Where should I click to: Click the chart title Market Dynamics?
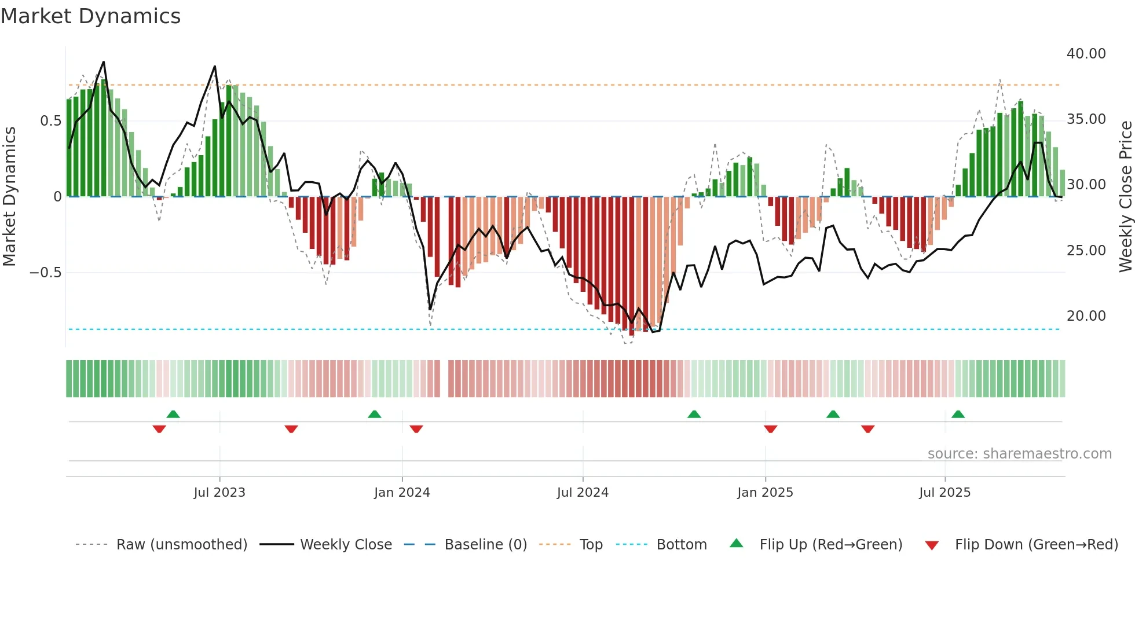(x=90, y=16)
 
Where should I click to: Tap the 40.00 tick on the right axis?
(x=1086, y=54)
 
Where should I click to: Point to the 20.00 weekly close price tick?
(x=1086, y=316)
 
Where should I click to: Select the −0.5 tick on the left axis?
(x=45, y=273)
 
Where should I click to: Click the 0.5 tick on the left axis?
(x=50, y=121)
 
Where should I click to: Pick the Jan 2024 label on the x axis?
(x=402, y=493)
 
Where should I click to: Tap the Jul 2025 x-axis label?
(x=944, y=493)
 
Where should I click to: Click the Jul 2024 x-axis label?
(x=583, y=493)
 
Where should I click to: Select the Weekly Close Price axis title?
(x=1125, y=196)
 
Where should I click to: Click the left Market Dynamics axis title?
(x=9, y=196)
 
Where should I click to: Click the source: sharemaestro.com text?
(x=1019, y=454)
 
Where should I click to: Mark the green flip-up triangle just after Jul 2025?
(x=958, y=415)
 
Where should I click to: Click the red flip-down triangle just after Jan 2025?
(x=770, y=429)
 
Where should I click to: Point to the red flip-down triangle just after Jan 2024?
(x=416, y=429)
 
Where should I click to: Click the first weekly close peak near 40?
(x=104, y=62)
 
